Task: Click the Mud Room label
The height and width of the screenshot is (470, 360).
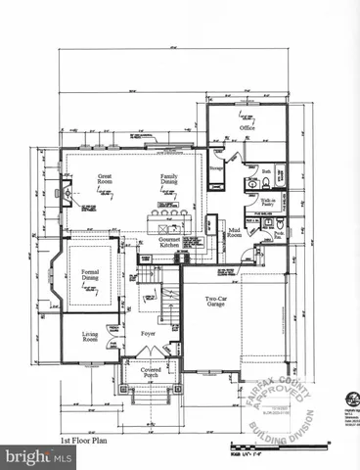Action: pos(235,234)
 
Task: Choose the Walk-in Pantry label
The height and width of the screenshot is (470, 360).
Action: pos(267,204)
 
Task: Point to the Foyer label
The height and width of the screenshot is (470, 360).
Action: pos(148,334)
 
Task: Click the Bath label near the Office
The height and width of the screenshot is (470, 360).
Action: pos(265,171)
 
